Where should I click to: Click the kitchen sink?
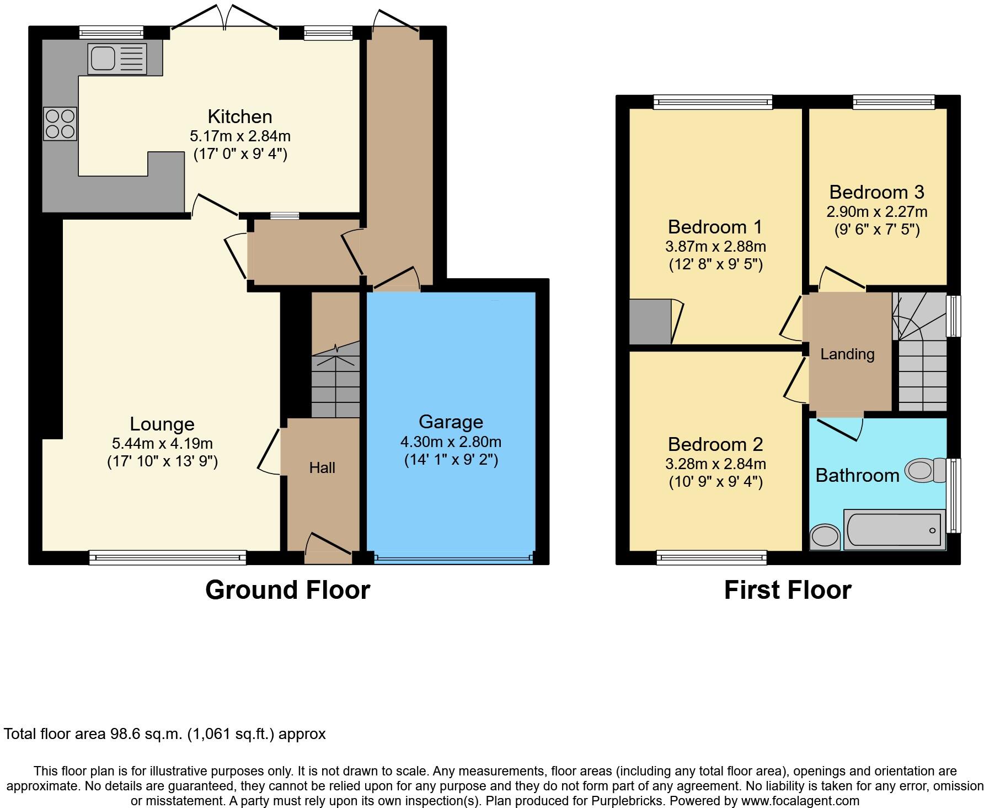116,59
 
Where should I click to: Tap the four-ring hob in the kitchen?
60,124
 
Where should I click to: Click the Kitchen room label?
239,116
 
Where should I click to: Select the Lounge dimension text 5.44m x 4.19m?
162,443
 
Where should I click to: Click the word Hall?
322,468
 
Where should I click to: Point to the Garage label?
451,422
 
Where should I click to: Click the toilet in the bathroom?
926,470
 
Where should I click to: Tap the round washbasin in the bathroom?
825,536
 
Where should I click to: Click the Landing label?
847,354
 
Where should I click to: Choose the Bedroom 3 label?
876,192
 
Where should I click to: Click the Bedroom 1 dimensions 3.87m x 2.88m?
715,246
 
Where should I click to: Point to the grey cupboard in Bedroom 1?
650,322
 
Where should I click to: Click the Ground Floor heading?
287,590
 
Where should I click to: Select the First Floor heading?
787,590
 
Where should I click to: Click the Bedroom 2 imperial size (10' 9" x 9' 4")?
715,482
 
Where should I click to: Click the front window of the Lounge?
168,557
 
